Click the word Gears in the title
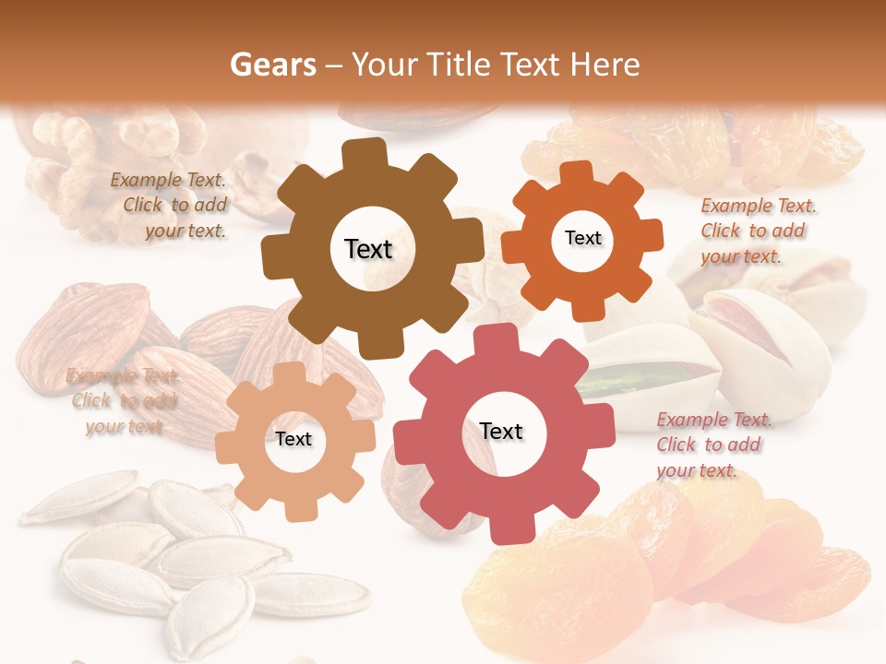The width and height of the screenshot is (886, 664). coord(272,65)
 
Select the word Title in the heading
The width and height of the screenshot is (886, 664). coord(462,65)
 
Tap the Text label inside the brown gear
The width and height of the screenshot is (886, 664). coord(368,249)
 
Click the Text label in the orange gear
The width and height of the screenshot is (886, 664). coord(582,238)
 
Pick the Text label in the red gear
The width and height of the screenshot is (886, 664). coord(501,431)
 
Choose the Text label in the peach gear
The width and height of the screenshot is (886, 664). coord(293,439)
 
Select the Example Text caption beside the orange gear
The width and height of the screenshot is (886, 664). coord(758,231)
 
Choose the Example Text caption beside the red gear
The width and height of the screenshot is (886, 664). coord(713,445)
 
